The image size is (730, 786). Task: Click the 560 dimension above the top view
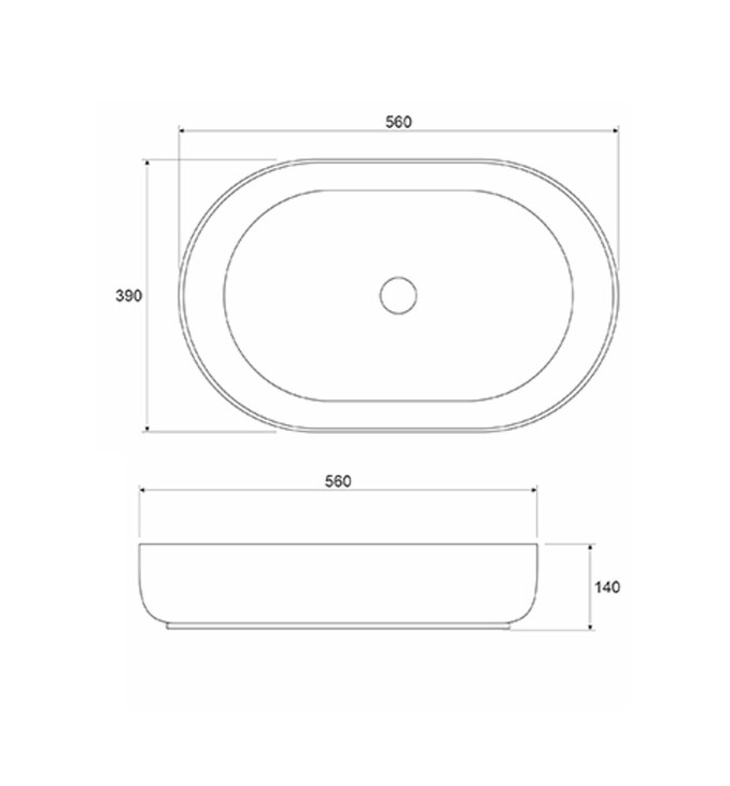(x=399, y=122)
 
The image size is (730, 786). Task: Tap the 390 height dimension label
(x=128, y=296)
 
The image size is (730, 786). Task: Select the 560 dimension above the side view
(x=338, y=481)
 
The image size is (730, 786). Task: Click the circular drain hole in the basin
(x=399, y=296)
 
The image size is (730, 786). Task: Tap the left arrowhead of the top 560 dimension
(x=181, y=130)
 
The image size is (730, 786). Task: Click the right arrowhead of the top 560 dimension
(x=615, y=130)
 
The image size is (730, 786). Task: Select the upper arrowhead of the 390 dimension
(x=148, y=162)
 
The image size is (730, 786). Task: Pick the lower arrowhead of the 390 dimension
(x=148, y=429)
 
